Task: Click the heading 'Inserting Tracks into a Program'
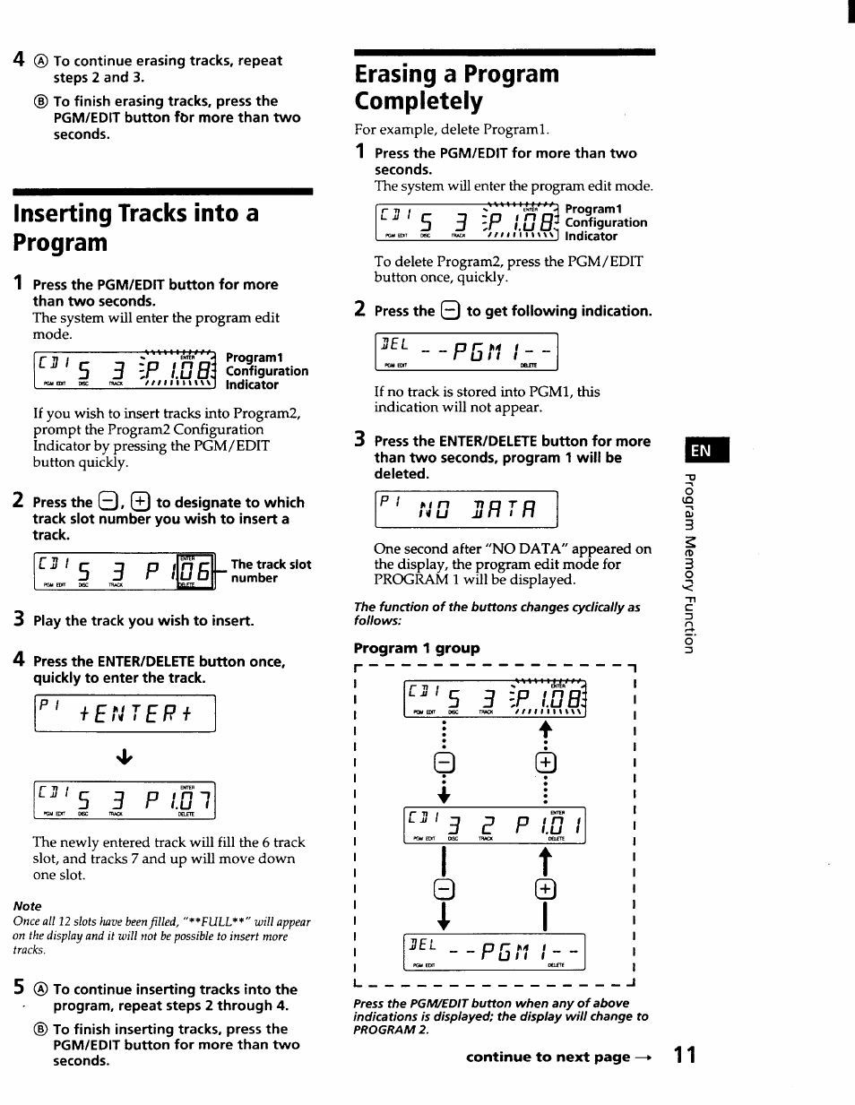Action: pyautogui.click(x=136, y=228)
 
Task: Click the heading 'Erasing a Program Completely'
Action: pyautogui.click(x=456, y=87)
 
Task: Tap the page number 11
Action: pyautogui.click(x=685, y=1055)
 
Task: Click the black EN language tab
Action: pyautogui.click(x=705, y=450)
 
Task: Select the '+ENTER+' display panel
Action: pyautogui.click(x=125, y=713)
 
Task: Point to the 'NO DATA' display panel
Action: pyautogui.click(x=465, y=510)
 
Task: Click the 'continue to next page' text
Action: pyautogui.click(x=557, y=1057)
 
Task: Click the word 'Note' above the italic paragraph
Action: pyautogui.click(x=27, y=906)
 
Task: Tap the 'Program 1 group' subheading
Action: pyautogui.click(x=417, y=648)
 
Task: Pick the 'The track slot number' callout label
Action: pyautogui.click(x=271, y=571)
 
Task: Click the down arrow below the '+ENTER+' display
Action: pyautogui.click(x=125, y=757)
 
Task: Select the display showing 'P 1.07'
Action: pyautogui.click(x=125, y=801)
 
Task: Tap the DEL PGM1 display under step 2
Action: pyautogui.click(x=466, y=351)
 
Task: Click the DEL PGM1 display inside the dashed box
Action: pyautogui.click(x=494, y=952)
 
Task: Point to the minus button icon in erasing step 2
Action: pyautogui.click(x=450, y=312)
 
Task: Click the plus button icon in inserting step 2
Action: pyautogui.click(x=140, y=502)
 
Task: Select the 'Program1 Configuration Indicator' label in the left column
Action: pyautogui.click(x=266, y=371)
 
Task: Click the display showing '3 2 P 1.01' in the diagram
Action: pyautogui.click(x=494, y=826)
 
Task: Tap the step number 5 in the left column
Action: pyautogui.click(x=18, y=988)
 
